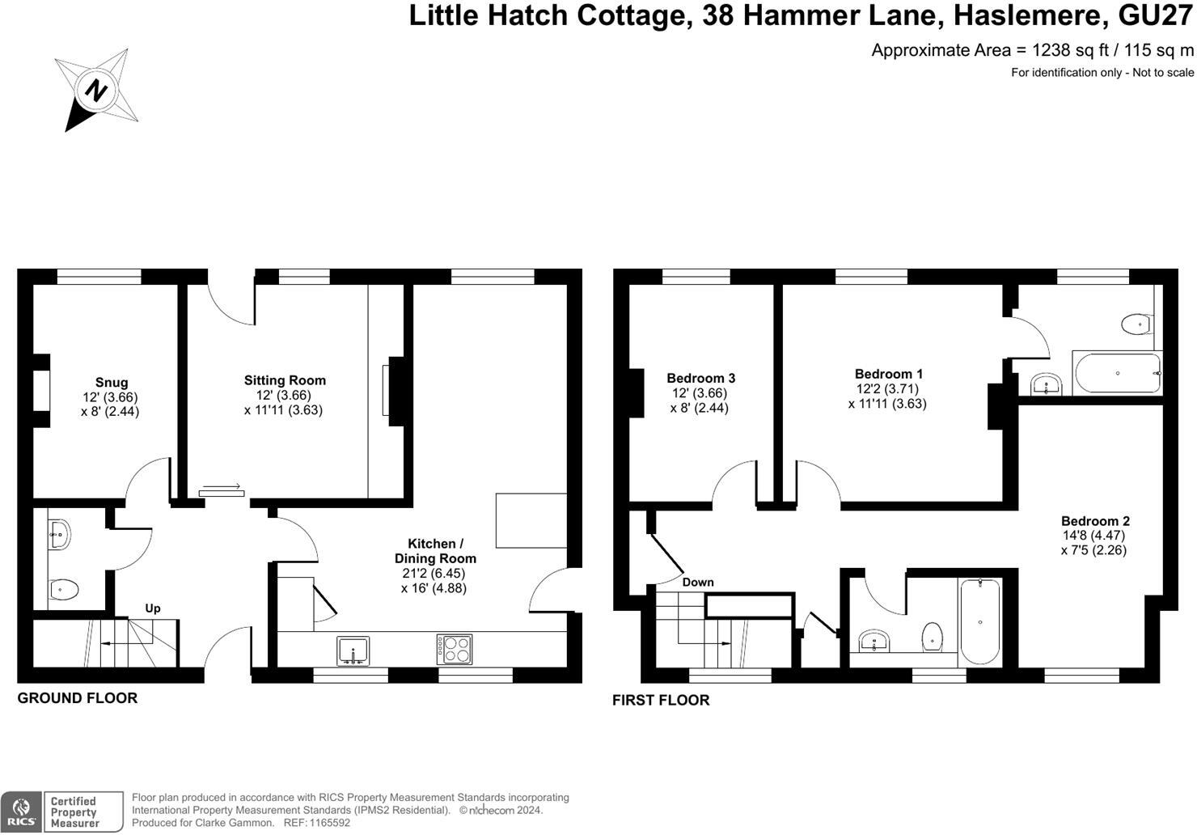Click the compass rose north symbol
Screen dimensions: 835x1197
[96, 90]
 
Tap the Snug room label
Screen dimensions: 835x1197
[111, 383]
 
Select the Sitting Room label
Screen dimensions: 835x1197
[285, 380]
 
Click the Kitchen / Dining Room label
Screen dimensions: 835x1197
[435, 551]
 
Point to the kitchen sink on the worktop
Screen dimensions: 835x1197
[353, 650]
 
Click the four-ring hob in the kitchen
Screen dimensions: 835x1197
[455, 649]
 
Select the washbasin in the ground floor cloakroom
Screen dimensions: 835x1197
[59, 534]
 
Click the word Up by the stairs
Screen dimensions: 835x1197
[152, 608]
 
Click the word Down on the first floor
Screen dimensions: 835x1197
[697, 582]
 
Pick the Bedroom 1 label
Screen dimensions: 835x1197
[888, 374]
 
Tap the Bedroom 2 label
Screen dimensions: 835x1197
[1095, 521]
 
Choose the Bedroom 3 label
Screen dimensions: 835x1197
[700, 378]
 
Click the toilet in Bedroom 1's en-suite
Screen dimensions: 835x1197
[1136, 324]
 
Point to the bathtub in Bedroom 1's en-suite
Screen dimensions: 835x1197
[1117, 373]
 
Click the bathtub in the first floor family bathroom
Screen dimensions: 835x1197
[979, 621]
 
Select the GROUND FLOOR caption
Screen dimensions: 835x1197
[78, 697]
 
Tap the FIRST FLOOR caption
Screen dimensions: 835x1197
[660, 700]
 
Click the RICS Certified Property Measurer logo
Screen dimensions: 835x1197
[62, 812]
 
